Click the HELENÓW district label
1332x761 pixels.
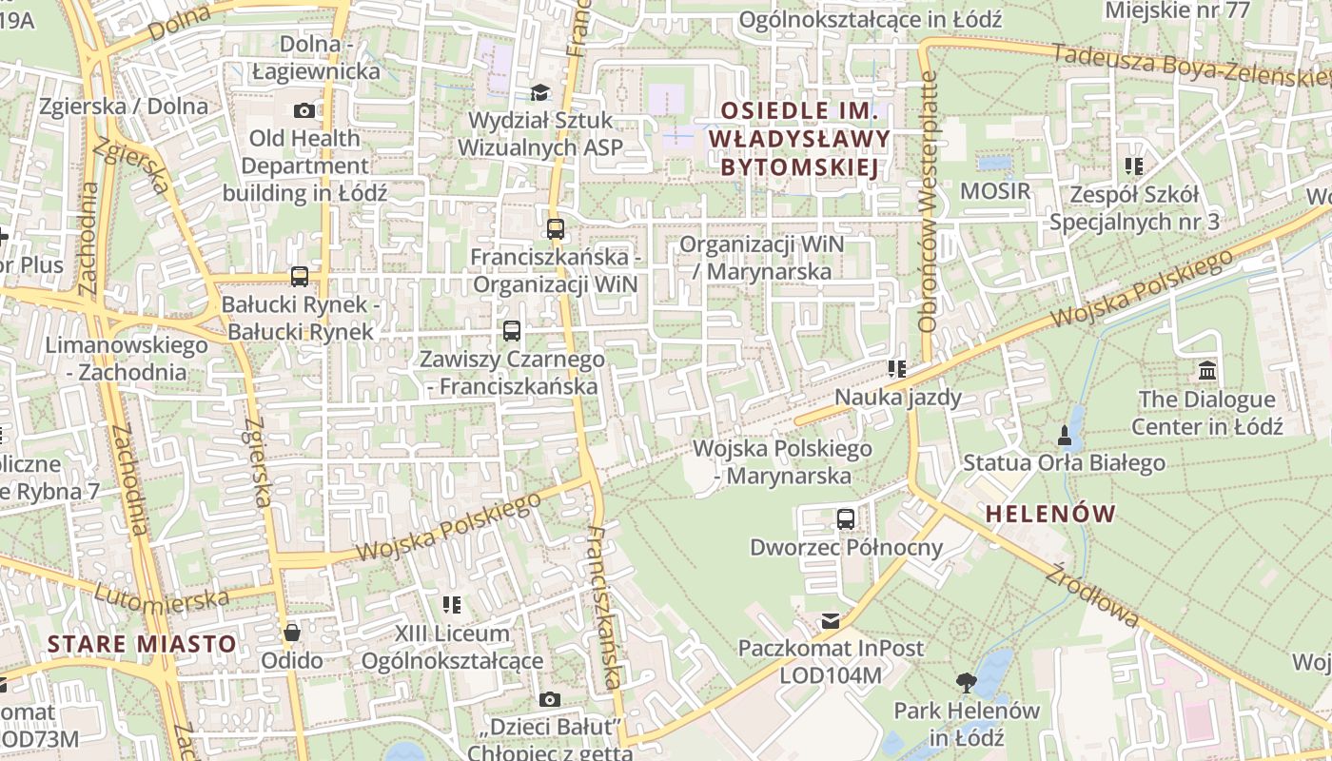click(1050, 515)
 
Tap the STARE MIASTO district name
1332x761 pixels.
click(142, 644)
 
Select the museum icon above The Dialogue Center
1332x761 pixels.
click(1207, 370)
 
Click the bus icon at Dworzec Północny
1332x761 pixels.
click(846, 518)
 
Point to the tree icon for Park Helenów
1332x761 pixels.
click(967, 682)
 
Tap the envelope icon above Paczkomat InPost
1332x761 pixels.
click(831, 621)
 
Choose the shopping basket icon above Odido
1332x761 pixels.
click(292, 632)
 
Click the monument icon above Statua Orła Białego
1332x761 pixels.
click(1064, 436)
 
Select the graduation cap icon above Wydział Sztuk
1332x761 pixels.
click(540, 92)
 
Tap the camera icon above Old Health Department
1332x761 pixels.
click(304, 110)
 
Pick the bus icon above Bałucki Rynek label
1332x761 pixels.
click(300, 277)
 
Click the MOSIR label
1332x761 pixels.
click(995, 190)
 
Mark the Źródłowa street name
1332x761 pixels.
click(1091, 595)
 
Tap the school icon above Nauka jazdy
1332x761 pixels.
click(896, 368)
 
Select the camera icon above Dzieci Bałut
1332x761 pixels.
click(549, 700)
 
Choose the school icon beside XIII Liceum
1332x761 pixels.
click(452, 604)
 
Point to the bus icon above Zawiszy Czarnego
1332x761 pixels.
click(512, 331)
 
